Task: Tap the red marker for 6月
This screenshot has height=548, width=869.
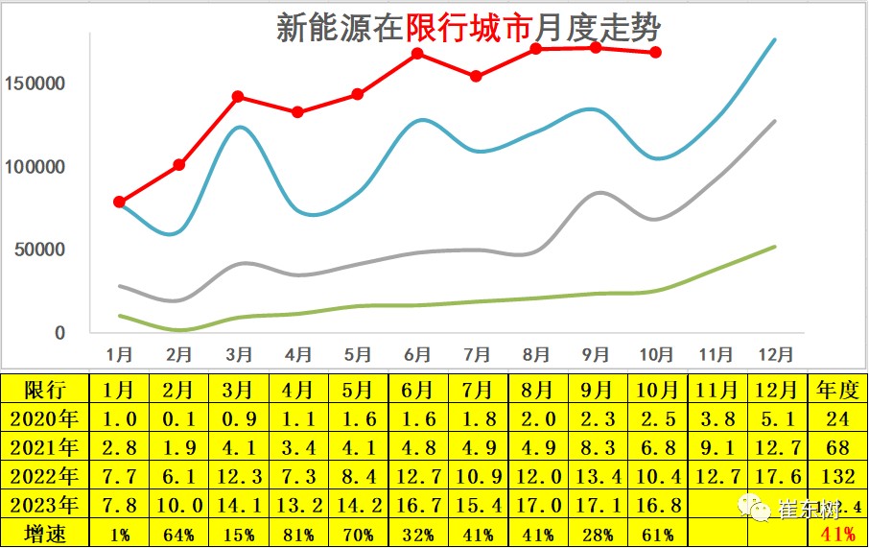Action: click(417, 54)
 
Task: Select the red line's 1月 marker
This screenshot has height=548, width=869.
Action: click(119, 202)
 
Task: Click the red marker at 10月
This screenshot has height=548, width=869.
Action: click(655, 52)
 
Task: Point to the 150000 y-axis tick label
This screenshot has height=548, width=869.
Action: click(35, 83)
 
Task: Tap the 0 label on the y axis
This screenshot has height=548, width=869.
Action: click(59, 333)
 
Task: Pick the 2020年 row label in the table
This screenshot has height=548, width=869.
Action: click(45, 418)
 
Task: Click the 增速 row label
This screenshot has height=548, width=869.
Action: click(45, 534)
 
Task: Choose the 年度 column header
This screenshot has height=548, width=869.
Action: click(837, 390)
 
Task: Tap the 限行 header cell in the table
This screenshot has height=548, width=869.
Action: click(45, 390)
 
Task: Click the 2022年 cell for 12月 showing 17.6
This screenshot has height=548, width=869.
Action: click(778, 476)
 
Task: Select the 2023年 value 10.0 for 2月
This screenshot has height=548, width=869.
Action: click(179, 505)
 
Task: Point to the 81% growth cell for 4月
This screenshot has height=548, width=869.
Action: click(299, 534)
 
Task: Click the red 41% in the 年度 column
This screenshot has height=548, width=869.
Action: click(837, 534)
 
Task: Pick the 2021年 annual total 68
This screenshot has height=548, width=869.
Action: click(837, 447)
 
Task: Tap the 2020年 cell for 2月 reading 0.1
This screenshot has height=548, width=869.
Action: click(179, 418)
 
